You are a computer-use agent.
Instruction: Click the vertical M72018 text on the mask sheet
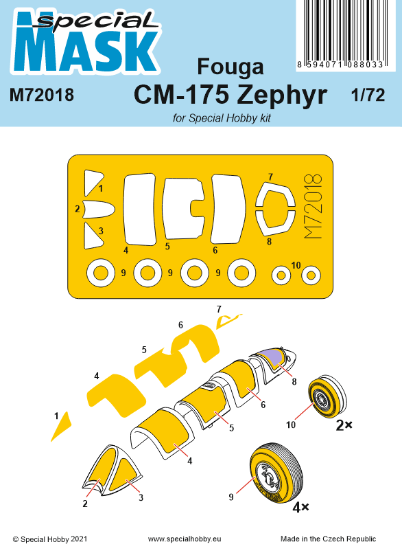312,206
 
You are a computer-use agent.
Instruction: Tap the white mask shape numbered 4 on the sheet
140,208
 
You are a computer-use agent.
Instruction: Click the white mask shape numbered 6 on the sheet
228,208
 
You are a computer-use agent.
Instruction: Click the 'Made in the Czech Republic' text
338,540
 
